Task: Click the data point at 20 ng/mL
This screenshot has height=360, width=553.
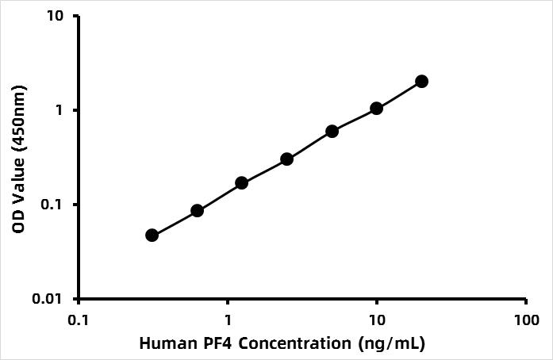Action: click(421, 82)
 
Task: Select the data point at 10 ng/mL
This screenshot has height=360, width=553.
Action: click(376, 108)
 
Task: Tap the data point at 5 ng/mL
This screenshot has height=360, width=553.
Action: click(332, 131)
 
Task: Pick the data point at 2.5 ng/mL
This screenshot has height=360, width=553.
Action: click(287, 159)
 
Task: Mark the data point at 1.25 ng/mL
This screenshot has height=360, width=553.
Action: click(242, 183)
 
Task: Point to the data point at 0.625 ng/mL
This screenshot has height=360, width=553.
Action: click(197, 211)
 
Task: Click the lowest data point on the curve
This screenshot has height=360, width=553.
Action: click(152, 236)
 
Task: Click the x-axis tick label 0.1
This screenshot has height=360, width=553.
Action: click(79, 320)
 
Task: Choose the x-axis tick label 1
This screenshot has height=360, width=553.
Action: click(228, 320)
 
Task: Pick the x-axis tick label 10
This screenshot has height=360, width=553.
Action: click(377, 320)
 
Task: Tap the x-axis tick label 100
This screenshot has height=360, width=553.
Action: click(526, 320)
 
